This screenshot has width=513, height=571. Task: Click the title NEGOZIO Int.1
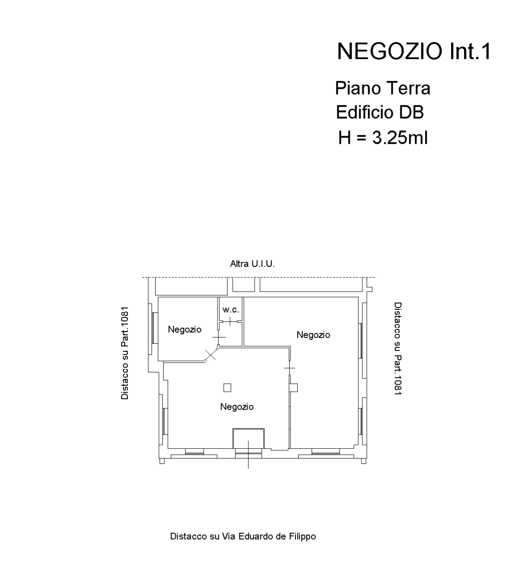coord(414,52)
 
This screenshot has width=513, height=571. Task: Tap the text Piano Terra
coord(383,88)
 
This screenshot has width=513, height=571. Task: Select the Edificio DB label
coord(380,112)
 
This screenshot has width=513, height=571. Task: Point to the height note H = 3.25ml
coord(383,138)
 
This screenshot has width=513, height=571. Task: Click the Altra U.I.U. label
coord(252,264)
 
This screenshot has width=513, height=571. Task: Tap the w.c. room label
coord(230,310)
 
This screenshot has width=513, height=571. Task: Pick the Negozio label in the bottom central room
coord(237,407)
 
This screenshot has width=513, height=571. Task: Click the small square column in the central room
coord(227,388)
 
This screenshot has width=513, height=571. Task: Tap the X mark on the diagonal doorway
coord(210,355)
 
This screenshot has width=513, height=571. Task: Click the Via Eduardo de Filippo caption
coord(243,536)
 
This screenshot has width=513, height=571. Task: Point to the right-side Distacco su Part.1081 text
coord(398,349)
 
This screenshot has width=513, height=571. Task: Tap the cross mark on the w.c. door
coord(230,321)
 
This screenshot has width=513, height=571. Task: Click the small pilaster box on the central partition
coord(293,388)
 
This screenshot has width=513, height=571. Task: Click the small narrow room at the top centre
coord(243,284)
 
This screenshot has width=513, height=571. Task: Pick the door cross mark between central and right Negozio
coord(290,368)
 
